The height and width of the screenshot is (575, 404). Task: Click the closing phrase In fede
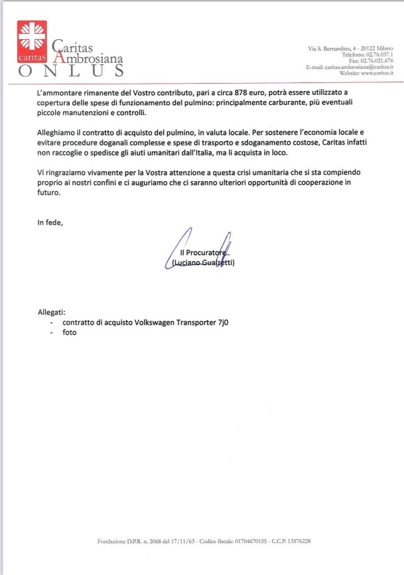coord(50,222)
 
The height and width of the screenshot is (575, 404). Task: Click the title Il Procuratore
coord(204,254)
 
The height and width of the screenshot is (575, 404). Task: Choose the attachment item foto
coord(70,332)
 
